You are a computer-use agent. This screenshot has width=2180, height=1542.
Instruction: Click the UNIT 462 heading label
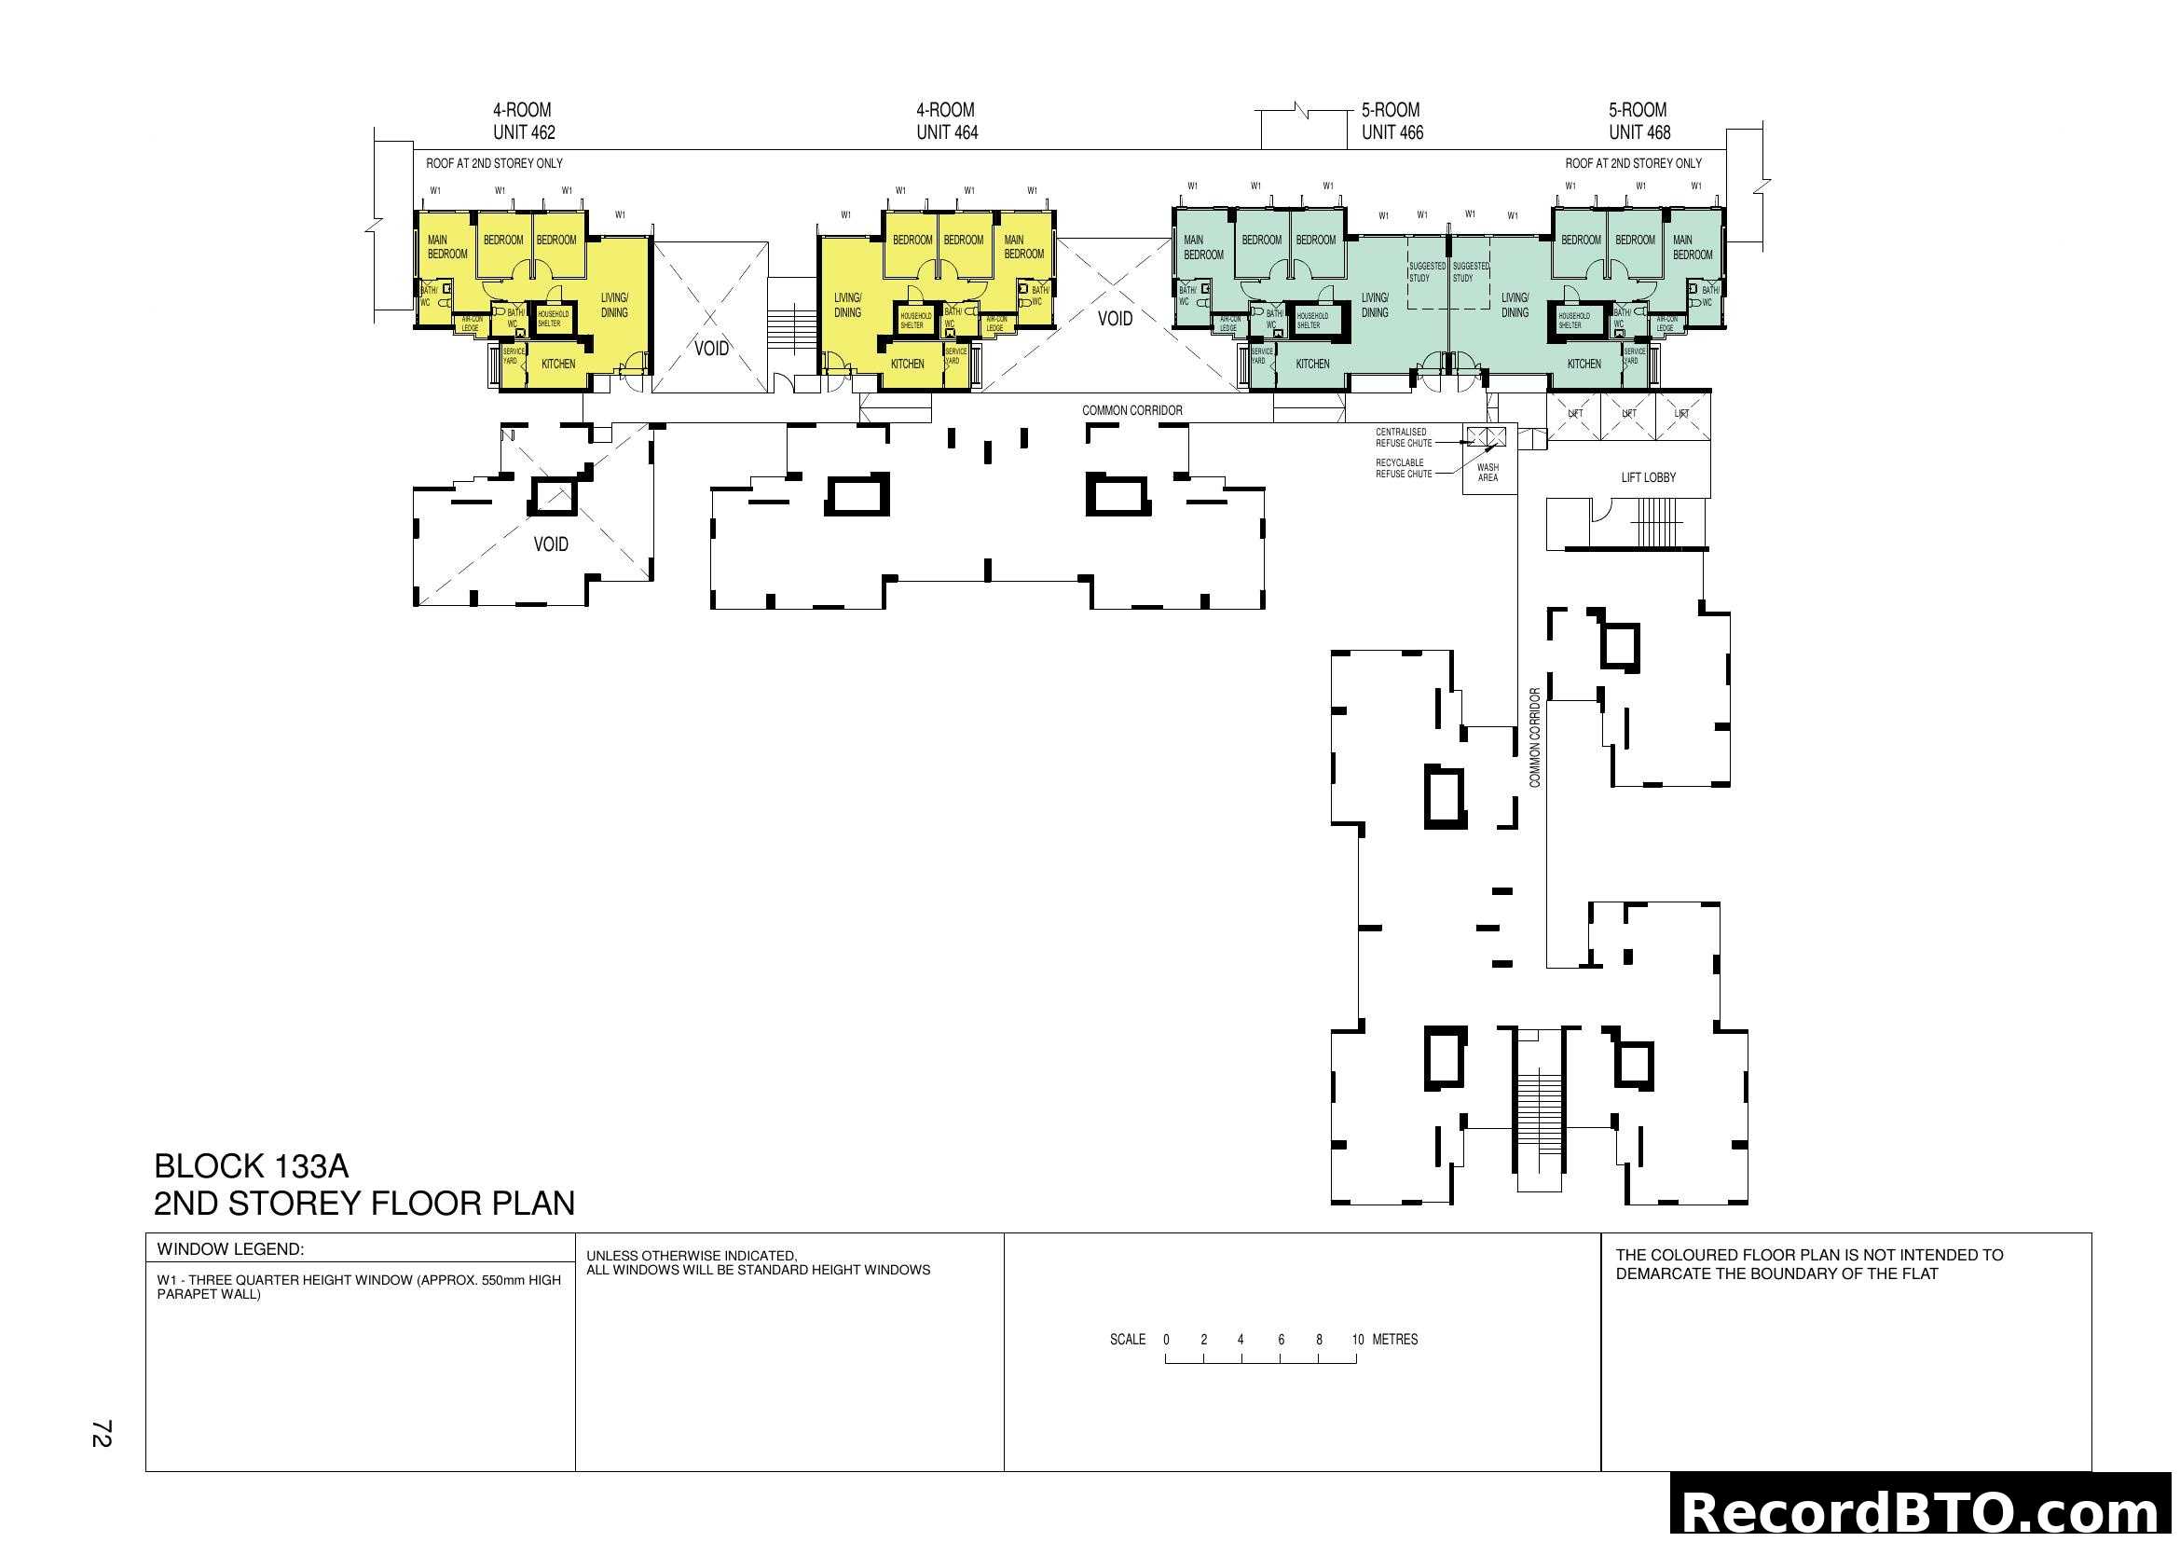[523, 132]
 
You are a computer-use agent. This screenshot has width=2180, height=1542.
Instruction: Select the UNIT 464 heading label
[947, 132]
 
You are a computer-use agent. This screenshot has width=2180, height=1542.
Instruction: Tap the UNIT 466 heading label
[1392, 132]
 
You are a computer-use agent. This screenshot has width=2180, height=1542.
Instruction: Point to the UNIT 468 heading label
[1638, 132]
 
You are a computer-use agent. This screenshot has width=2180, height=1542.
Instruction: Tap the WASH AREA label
[1488, 472]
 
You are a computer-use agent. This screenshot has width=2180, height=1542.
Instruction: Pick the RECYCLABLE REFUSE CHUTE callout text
[1404, 468]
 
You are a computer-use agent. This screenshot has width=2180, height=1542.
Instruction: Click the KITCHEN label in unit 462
[558, 364]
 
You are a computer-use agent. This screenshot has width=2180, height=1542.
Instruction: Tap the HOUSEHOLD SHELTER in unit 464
[915, 320]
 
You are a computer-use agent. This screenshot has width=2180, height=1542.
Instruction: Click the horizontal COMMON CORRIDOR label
[1131, 410]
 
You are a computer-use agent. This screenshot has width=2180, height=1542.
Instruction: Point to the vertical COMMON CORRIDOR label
[1534, 737]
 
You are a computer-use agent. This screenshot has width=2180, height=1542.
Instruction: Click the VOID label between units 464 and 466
[1115, 319]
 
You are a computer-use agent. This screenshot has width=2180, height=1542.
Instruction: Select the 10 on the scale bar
[1358, 1340]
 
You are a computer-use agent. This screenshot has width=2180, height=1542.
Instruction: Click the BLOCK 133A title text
[252, 1166]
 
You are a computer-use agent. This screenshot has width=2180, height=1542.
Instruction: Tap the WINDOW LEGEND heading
[230, 1248]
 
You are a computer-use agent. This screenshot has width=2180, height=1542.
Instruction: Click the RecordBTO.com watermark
[1924, 1511]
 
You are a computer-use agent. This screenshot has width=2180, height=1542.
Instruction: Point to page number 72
[102, 1433]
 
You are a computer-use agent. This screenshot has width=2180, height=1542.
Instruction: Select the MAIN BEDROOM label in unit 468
[1692, 247]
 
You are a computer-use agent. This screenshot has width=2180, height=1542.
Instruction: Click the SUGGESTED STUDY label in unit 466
[1426, 271]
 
